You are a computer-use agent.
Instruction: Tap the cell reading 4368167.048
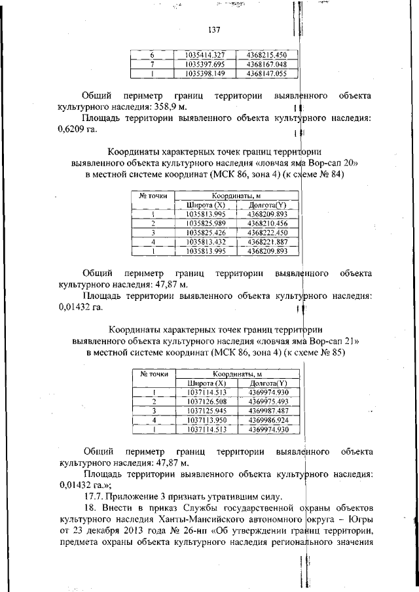coord(267,64)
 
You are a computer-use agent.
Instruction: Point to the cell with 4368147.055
coord(267,73)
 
